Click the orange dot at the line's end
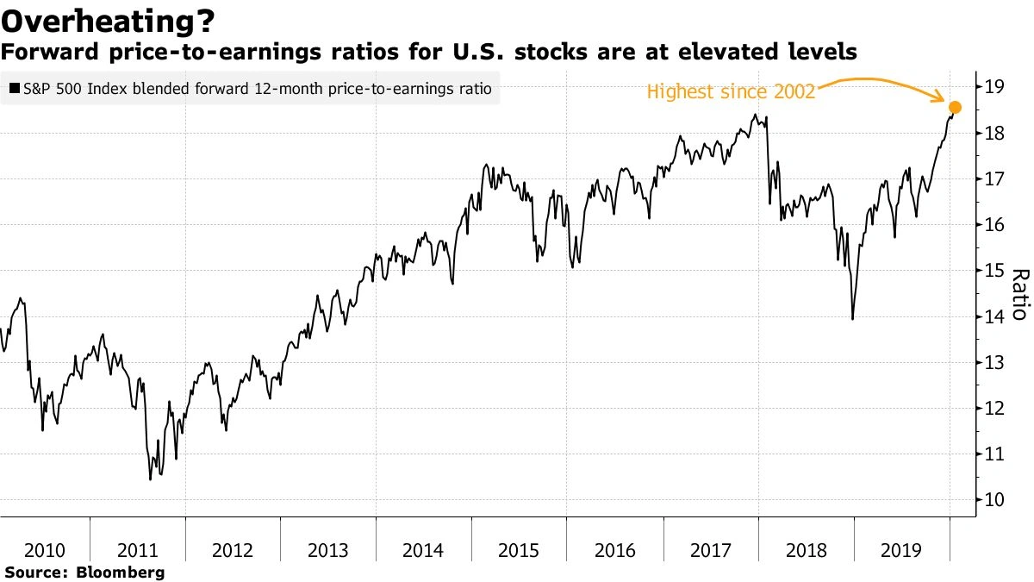[954, 108]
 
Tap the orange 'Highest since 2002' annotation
[731, 91]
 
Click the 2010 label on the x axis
[44, 550]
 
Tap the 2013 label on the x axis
[327, 550]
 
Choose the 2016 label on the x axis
[614, 550]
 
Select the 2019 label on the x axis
[901, 550]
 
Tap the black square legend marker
[15, 89]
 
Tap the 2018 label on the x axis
[806, 550]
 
